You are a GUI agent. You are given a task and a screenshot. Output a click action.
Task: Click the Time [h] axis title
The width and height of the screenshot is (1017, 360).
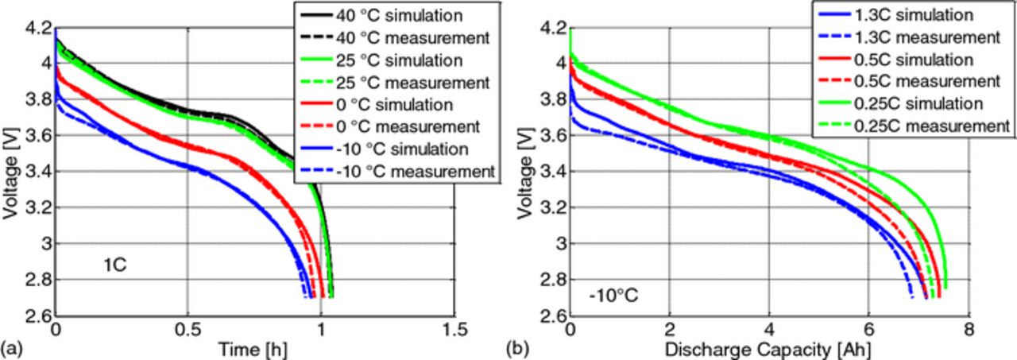pyautogui.click(x=254, y=348)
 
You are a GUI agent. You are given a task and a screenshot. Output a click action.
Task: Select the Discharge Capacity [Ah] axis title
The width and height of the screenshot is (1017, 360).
pyautogui.click(x=768, y=348)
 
